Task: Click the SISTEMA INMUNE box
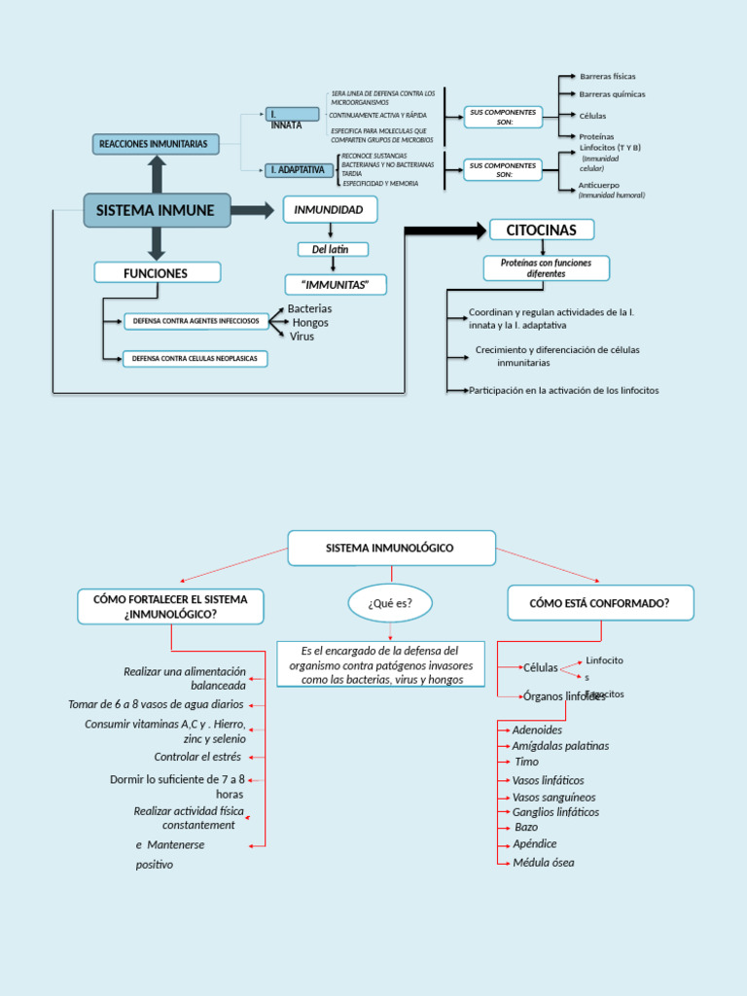pos(157,210)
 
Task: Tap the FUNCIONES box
pos(156,273)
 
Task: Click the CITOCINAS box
pos(541,230)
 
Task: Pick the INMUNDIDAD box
pos(330,209)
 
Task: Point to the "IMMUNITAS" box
pos(336,284)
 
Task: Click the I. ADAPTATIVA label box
pos(297,170)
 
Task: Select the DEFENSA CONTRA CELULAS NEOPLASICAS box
pos(195,359)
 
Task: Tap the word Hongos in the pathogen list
pos(310,322)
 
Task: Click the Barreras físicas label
pos(607,76)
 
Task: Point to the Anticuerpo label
pos(599,185)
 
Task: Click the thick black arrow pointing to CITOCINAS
pos(445,231)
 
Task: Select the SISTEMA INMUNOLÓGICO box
pos(391,548)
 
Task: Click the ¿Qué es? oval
pos(389,603)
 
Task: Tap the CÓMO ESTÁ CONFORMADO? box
pos(600,603)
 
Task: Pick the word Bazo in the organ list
pos(526,827)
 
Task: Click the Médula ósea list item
pos(543,863)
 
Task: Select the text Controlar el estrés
pos(197,756)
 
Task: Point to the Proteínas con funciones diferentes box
pos(546,268)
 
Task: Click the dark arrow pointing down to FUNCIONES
pos(156,243)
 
